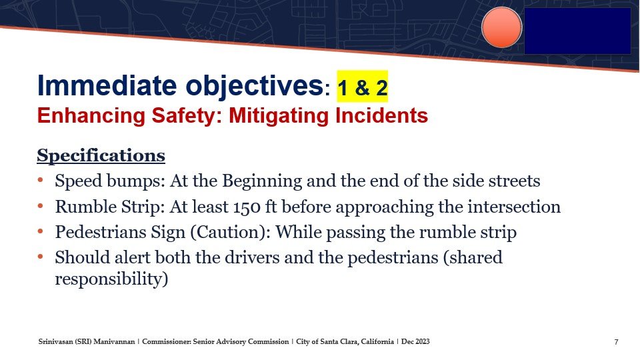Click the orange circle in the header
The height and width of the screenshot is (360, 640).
click(x=501, y=27)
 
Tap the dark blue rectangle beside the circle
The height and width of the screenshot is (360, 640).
click(x=577, y=31)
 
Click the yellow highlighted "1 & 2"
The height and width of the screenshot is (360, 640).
click(x=362, y=87)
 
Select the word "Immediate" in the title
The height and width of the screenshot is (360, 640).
click(x=107, y=85)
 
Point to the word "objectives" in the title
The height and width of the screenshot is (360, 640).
click(x=255, y=87)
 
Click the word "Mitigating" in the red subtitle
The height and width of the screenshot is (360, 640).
click(x=279, y=116)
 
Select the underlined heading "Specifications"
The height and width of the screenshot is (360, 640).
click(x=101, y=156)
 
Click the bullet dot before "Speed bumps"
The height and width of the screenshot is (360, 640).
click(x=40, y=180)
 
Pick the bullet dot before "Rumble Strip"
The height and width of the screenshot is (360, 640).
click(x=40, y=206)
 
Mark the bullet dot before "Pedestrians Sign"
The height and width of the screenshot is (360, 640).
click(x=40, y=231)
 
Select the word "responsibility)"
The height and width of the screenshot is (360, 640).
click(x=111, y=279)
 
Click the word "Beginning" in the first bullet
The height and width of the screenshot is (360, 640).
click(x=261, y=181)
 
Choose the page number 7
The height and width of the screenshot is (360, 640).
click(x=616, y=342)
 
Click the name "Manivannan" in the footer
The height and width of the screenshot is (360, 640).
click(x=114, y=341)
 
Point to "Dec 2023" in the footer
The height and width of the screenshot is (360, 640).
click(x=415, y=341)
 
